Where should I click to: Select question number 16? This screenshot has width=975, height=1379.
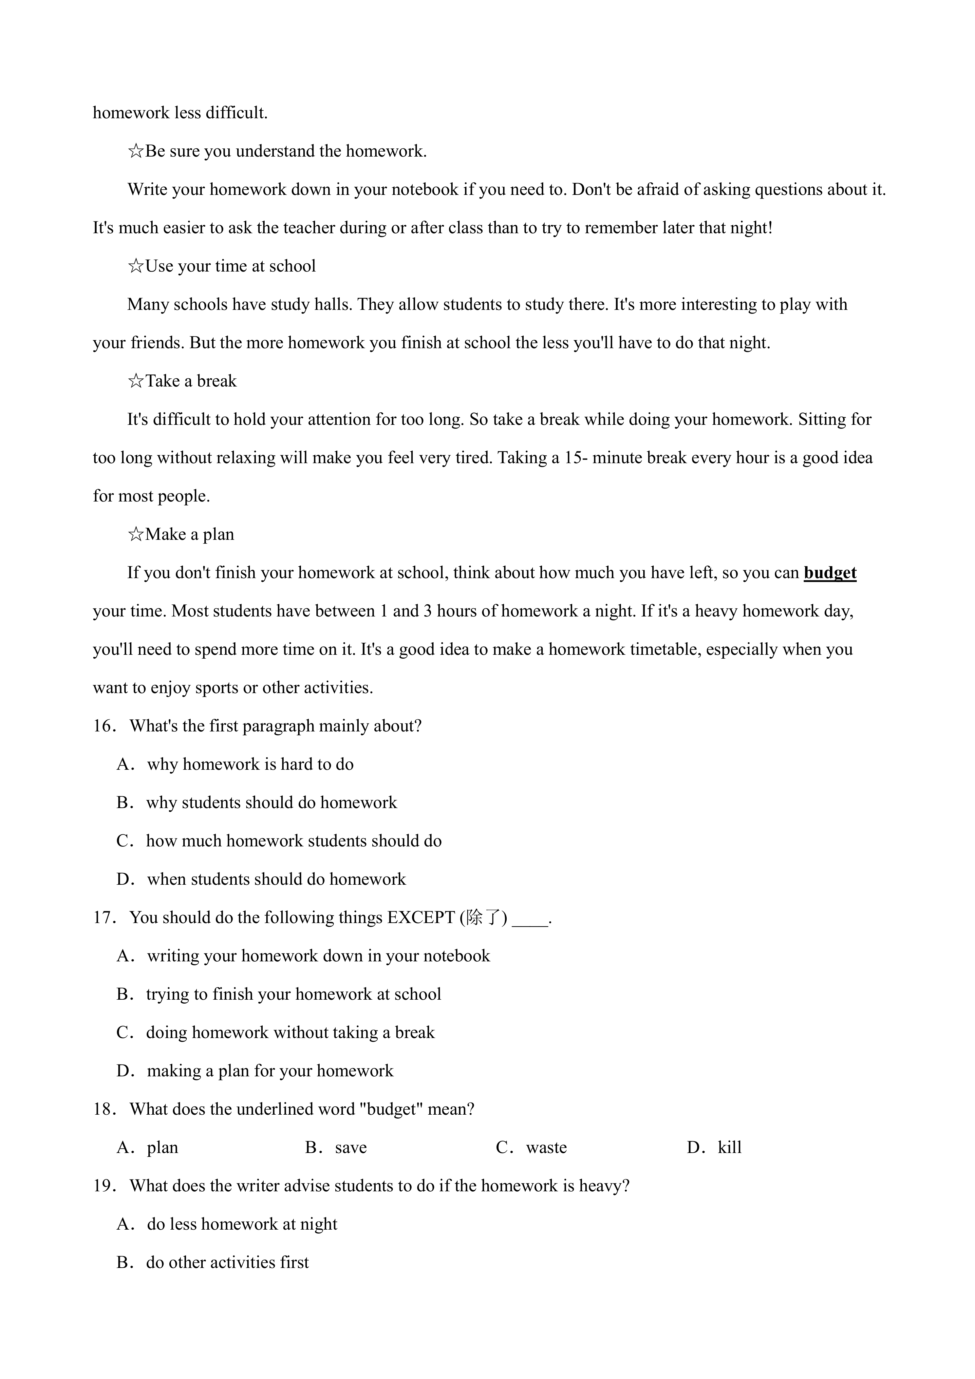(x=104, y=726)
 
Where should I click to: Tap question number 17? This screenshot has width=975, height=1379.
(x=104, y=918)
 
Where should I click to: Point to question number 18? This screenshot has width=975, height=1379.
(x=104, y=1109)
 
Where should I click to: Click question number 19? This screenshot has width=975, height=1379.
(x=104, y=1186)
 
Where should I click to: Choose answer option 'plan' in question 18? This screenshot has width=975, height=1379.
(x=162, y=1148)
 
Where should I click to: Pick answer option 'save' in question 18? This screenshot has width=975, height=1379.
(x=351, y=1148)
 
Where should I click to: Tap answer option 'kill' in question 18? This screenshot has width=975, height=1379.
(x=729, y=1148)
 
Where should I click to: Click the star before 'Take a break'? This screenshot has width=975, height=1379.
(x=136, y=381)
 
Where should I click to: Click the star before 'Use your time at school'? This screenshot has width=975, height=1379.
(x=136, y=266)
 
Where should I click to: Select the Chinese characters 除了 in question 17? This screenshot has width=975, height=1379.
(x=483, y=918)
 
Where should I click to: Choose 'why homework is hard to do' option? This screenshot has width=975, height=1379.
(x=250, y=765)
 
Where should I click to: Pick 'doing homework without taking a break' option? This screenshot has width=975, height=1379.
(x=290, y=1032)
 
